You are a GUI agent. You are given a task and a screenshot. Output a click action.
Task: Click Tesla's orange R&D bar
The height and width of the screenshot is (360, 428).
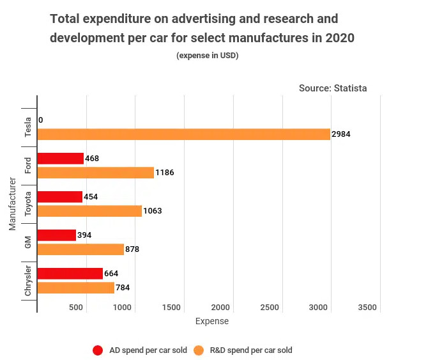[x=184, y=134]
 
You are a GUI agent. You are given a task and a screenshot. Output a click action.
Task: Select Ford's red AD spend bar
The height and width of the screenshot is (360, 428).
[x=61, y=159]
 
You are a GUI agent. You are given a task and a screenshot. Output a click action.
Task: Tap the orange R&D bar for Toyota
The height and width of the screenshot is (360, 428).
[x=89, y=211]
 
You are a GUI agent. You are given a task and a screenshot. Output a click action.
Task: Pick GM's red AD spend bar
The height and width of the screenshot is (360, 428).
[x=57, y=235]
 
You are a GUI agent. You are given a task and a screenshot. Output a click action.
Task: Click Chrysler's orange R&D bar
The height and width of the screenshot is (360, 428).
[x=76, y=288]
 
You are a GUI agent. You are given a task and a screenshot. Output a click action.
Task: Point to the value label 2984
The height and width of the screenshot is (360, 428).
[x=341, y=134]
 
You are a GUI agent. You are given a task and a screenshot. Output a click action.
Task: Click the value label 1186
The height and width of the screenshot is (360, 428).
[x=165, y=173]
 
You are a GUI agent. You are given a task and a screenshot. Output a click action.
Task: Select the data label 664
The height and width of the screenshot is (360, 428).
[x=111, y=274]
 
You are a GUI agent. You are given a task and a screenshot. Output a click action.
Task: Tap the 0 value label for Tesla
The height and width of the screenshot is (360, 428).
[x=41, y=120]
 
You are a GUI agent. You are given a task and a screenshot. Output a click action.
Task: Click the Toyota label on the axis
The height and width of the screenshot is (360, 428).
[x=28, y=204]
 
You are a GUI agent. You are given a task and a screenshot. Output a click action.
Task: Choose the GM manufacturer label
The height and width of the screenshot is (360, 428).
[x=28, y=242]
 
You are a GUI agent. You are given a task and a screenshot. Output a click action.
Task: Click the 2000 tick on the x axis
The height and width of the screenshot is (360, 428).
[x=220, y=308]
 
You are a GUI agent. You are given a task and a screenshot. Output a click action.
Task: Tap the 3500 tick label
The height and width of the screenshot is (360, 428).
[x=367, y=308]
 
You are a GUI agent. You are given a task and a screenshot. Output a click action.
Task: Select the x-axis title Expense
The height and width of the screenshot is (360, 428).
[x=211, y=321]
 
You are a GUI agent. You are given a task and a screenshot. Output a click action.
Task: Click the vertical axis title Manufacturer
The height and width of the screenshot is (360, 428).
[x=13, y=204]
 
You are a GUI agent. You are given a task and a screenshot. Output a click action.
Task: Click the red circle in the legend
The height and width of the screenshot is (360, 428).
[x=98, y=350]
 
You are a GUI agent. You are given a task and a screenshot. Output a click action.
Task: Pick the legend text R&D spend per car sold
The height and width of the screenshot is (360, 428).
[x=251, y=350]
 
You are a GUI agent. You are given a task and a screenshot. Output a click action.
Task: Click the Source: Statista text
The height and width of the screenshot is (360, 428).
[x=333, y=88]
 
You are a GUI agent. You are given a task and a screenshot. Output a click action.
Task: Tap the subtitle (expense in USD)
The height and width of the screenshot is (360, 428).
[x=208, y=56]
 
